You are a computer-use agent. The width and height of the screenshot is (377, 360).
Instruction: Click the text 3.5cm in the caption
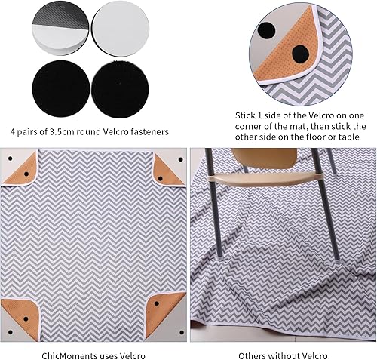71,131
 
